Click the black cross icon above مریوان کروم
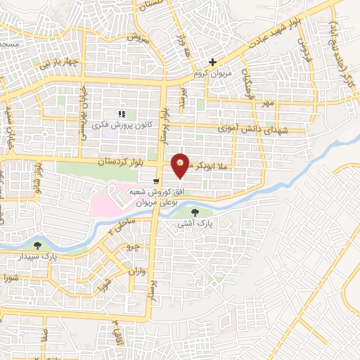click(x=213, y=63)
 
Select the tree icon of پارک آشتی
click(x=195, y=212)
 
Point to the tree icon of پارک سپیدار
click(x=37, y=245)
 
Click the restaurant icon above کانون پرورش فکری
click(x=122, y=114)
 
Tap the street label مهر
click(x=266, y=103)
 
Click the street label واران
click(x=136, y=271)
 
